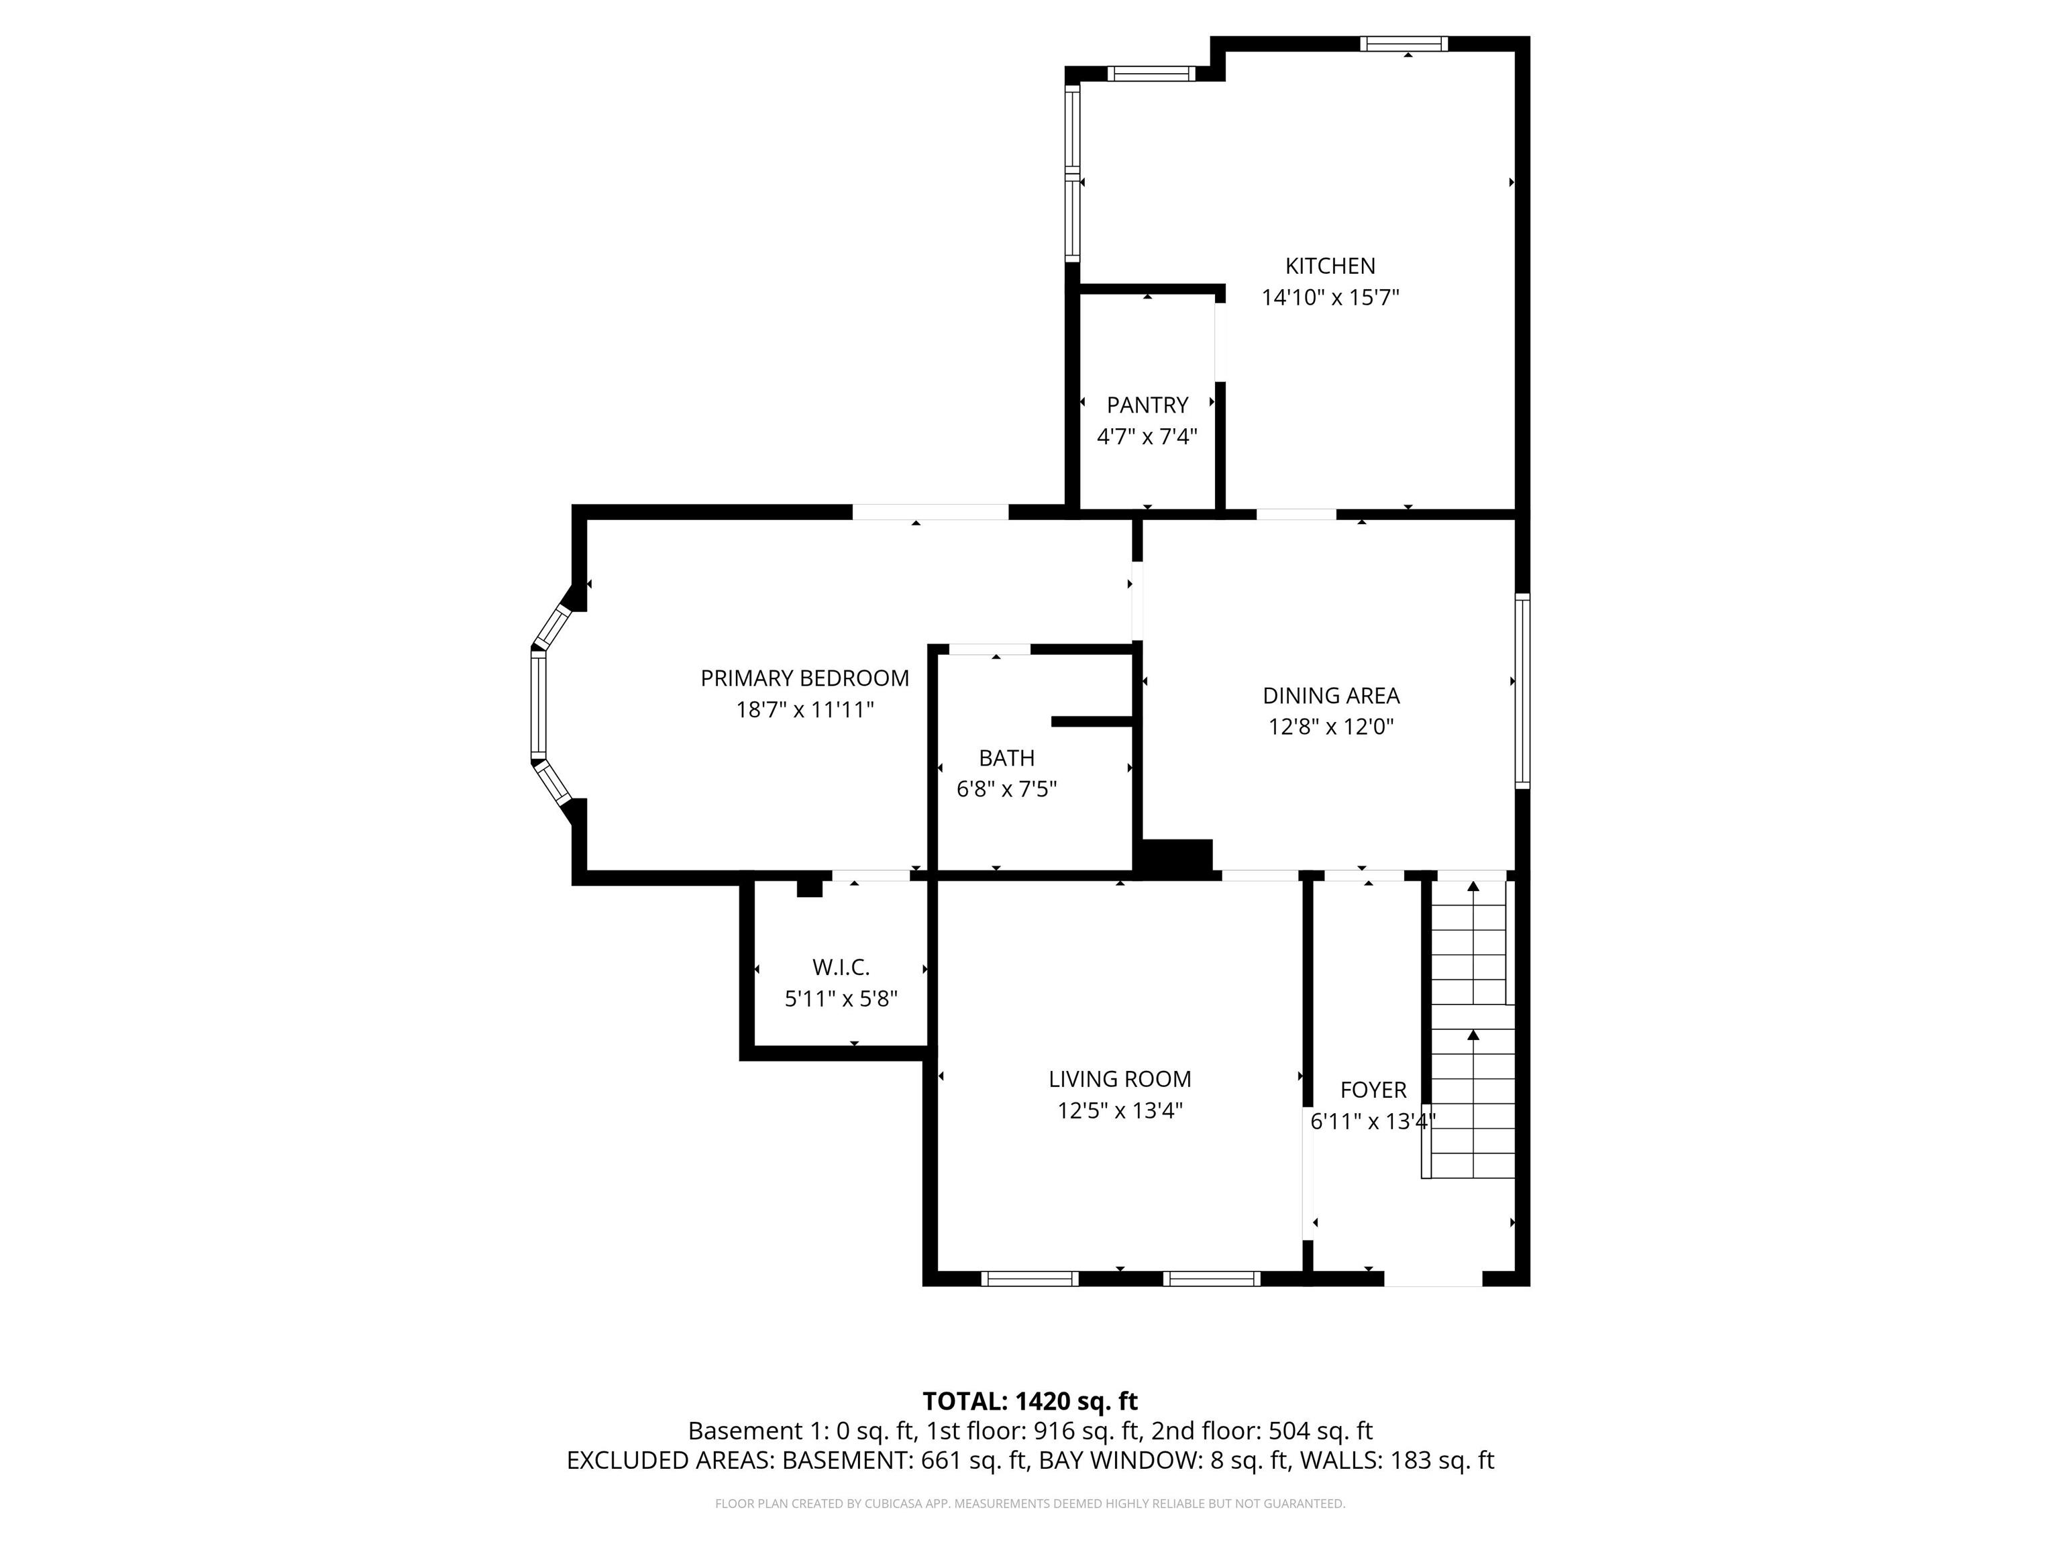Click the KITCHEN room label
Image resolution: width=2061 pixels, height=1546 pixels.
1330,266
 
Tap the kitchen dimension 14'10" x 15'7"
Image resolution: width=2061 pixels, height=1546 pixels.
1330,298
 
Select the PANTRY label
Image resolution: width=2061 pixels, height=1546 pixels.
1147,405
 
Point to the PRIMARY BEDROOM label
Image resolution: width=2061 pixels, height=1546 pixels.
805,678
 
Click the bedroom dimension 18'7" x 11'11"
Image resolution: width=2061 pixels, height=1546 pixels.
805,710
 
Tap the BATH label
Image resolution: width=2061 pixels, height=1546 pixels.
1006,758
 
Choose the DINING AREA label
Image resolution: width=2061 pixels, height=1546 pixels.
1330,696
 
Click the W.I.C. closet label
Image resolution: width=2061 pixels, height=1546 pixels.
841,968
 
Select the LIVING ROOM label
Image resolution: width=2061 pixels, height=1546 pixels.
1120,1079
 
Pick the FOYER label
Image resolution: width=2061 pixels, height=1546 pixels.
1373,1090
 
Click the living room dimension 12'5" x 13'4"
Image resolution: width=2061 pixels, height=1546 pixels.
1120,1111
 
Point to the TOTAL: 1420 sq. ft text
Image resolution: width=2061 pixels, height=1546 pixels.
1030,1402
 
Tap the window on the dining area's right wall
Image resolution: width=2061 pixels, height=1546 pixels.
1522,691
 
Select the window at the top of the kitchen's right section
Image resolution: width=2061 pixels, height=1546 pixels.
1404,44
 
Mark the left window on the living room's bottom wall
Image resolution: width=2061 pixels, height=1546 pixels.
1030,1278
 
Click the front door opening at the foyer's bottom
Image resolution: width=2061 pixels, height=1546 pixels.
1433,1278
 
